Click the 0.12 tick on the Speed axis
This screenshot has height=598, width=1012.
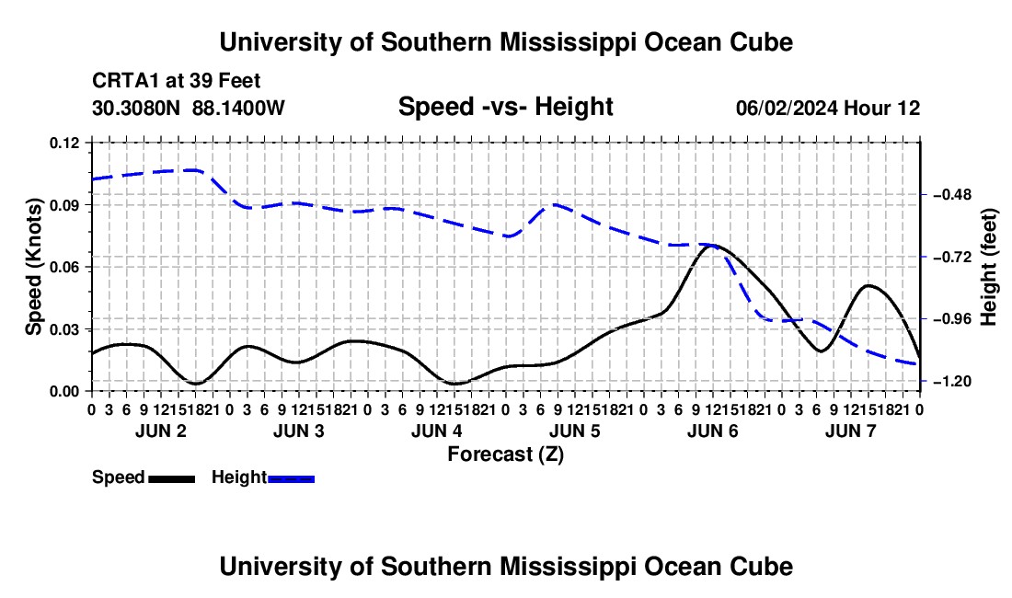[x=63, y=143]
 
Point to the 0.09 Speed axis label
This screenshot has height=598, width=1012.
[x=63, y=205]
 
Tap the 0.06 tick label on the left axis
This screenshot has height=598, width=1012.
[x=63, y=267]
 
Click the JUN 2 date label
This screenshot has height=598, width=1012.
[x=161, y=431]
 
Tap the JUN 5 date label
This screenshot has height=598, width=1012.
[x=574, y=431]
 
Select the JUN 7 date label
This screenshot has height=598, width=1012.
[x=851, y=431]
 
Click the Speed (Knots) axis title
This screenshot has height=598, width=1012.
[x=33, y=267]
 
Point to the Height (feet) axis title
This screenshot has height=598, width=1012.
[x=989, y=267]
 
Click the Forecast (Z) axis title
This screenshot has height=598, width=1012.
[x=505, y=454]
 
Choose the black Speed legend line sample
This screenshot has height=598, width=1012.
[x=172, y=479]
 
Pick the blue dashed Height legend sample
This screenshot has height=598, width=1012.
[x=291, y=479]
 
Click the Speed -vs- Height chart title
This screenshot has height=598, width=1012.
[x=505, y=107]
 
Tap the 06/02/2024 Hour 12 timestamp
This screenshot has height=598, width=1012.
[x=828, y=108]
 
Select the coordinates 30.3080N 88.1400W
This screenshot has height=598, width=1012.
[x=189, y=108]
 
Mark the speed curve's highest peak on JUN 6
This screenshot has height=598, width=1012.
[x=712, y=245]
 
